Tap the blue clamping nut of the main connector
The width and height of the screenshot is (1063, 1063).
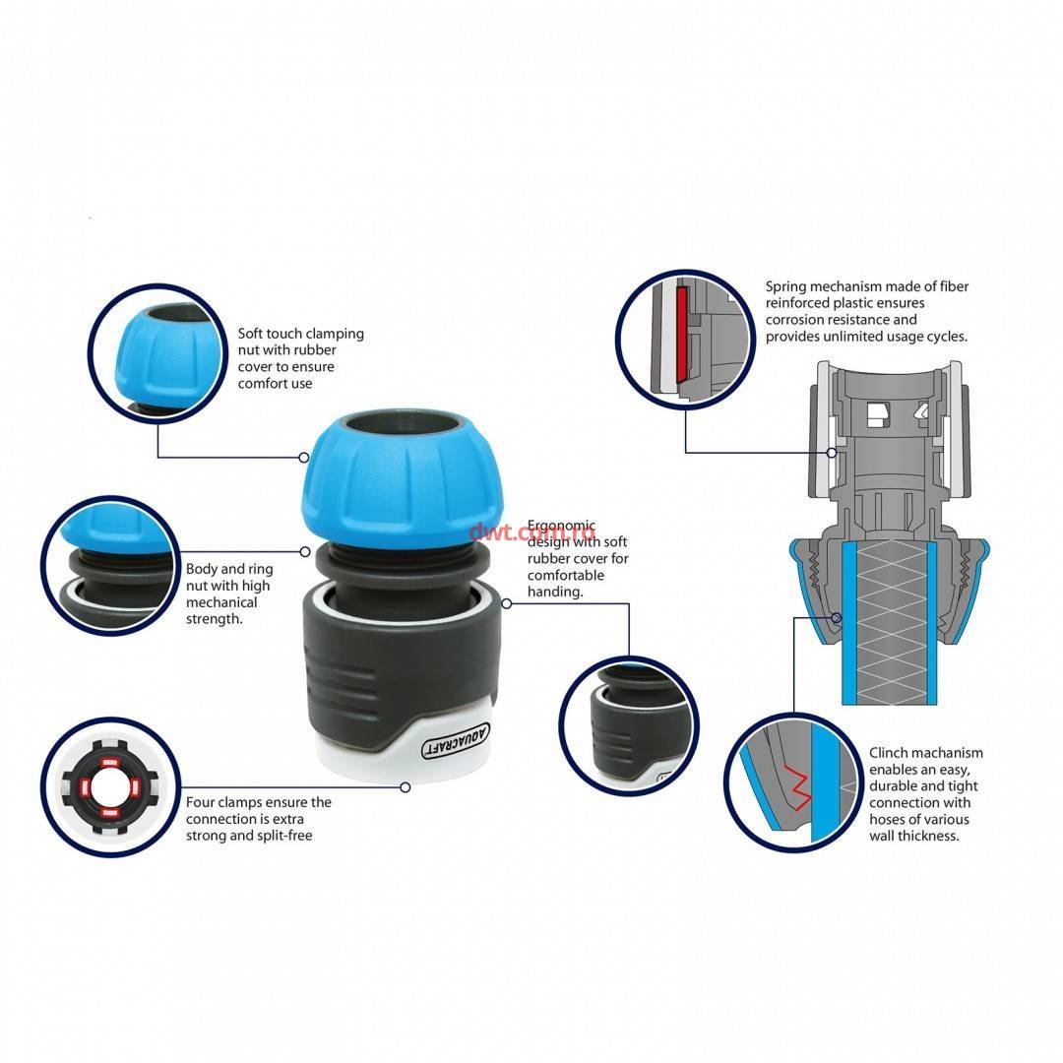(x=403, y=478)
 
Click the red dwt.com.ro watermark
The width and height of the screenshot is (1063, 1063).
(x=532, y=531)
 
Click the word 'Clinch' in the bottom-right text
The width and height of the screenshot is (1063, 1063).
(x=888, y=753)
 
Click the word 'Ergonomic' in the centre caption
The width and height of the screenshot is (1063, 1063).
(x=561, y=526)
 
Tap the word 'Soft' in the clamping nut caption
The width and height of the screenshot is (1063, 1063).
(x=251, y=334)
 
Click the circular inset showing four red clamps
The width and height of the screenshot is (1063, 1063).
(x=110, y=787)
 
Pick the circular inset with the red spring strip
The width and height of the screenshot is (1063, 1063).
(x=685, y=339)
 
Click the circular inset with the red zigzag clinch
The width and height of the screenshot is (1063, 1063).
(x=793, y=782)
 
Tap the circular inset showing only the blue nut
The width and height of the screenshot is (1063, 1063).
(x=157, y=354)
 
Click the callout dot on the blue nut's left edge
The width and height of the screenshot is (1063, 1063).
(x=304, y=458)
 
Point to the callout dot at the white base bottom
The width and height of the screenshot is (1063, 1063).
(x=405, y=787)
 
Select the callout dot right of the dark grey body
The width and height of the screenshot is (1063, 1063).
(x=507, y=603)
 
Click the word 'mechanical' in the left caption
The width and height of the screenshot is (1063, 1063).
(x=221, y=602)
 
